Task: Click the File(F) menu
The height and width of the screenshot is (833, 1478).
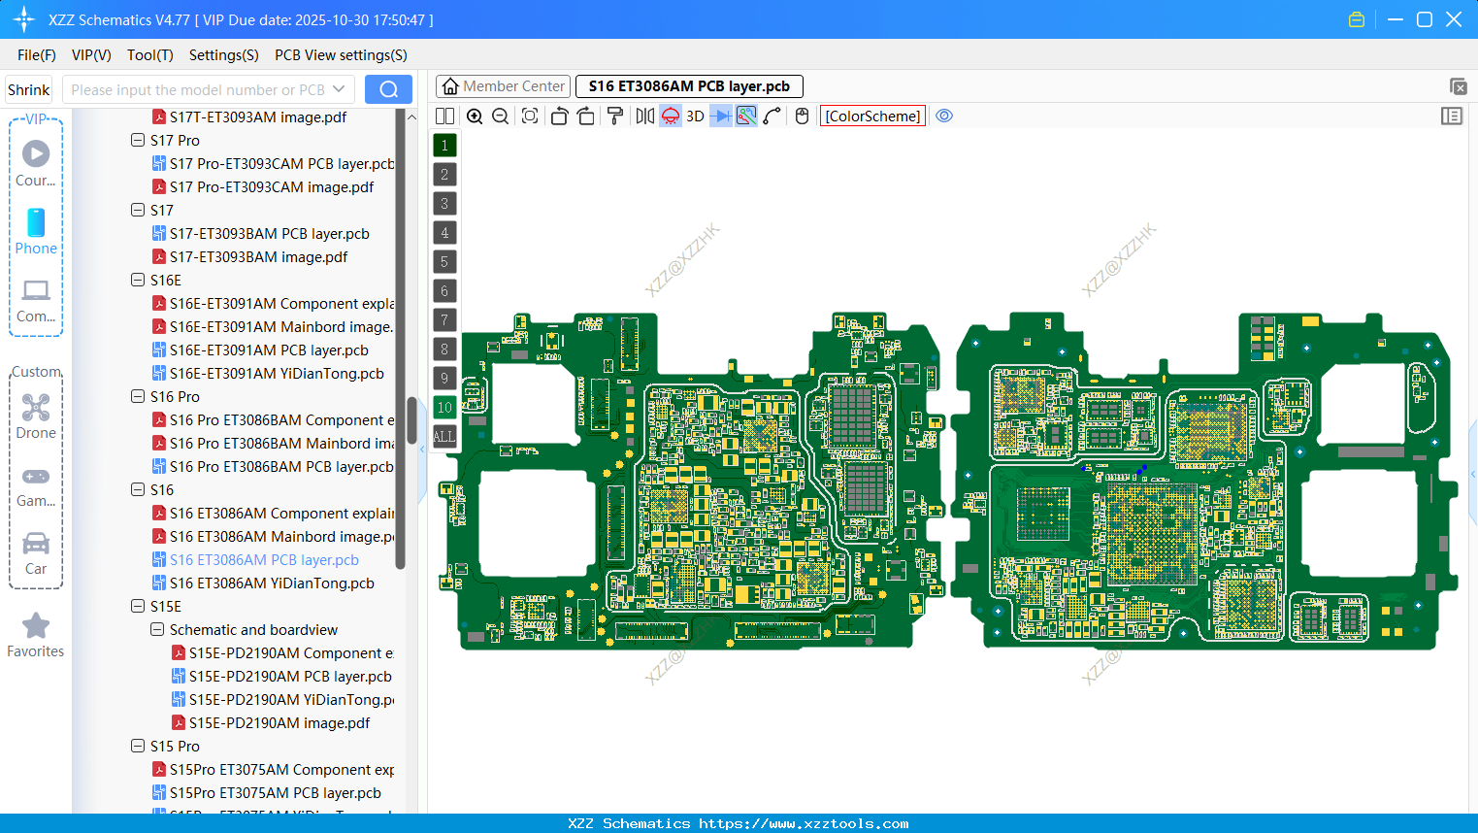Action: pyautogui.click(x=36, y=55)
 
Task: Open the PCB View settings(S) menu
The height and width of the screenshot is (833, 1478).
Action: pyautogui.click(x=341, y=55)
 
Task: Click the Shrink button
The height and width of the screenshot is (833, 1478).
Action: pyautogui.click(x=28, y=90)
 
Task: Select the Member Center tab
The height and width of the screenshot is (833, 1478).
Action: pyautogui.click(x=503, y=86)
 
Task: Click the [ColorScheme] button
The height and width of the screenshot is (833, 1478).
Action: pyautogui.click(x=872, y=117)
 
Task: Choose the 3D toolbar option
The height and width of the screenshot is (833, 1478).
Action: pyautogui.click(x=695, y=117)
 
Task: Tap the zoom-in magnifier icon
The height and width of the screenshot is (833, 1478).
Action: pyautogui.click(x=475, y=117)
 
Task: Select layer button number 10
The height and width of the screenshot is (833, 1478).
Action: pyautogui.click(x=444, y=408)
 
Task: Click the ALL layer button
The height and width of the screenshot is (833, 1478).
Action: pyautogui.click(x=444, y=437)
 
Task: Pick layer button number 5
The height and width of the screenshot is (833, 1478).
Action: pyautogui.click(x=444, y=262)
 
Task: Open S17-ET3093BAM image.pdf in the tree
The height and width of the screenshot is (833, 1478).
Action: pyautogui.click(x=258, y=257)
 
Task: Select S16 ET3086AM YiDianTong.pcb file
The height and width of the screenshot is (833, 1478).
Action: pyautogui.click(x=272, y=583)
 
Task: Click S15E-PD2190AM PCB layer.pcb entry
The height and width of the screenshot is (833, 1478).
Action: pyautogui.click(x=290, y=677)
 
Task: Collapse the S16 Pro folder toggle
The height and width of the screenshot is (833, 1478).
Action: pyautogui.click(x=138, y=397)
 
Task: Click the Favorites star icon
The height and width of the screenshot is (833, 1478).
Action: pyautogui.click(x=36, y=626)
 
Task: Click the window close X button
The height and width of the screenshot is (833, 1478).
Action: pyautogui.click(x=1454, y=19)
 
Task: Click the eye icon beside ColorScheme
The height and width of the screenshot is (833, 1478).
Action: pyautogui.click(x=944, y=117)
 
